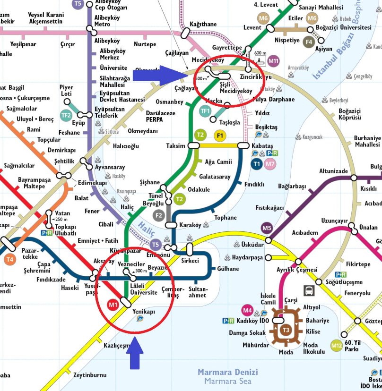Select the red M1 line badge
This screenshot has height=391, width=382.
[113, 305]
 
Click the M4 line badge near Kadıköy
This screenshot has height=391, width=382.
[247, 310]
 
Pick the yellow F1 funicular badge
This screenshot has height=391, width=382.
[219, 136]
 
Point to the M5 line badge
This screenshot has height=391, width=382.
[267, 229]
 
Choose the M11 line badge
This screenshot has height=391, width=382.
[273, 61]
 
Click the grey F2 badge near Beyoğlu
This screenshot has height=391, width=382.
[159, 216]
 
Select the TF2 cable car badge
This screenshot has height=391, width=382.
[66, 115]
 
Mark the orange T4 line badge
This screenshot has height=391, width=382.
[10, 259]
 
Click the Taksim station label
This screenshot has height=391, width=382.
[176, 146]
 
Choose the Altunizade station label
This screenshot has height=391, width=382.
[333, 171]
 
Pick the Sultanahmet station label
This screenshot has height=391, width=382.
[197, 292]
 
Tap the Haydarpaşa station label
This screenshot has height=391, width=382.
[247, 257]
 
